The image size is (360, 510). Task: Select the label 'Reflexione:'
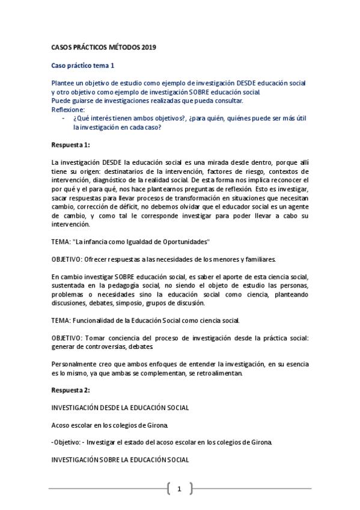tap(69, 109)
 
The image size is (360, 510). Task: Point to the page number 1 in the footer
tap(179, 488)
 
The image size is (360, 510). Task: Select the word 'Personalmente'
tap(76, 363)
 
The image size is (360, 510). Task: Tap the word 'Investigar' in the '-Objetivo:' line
tap(103, 443)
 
